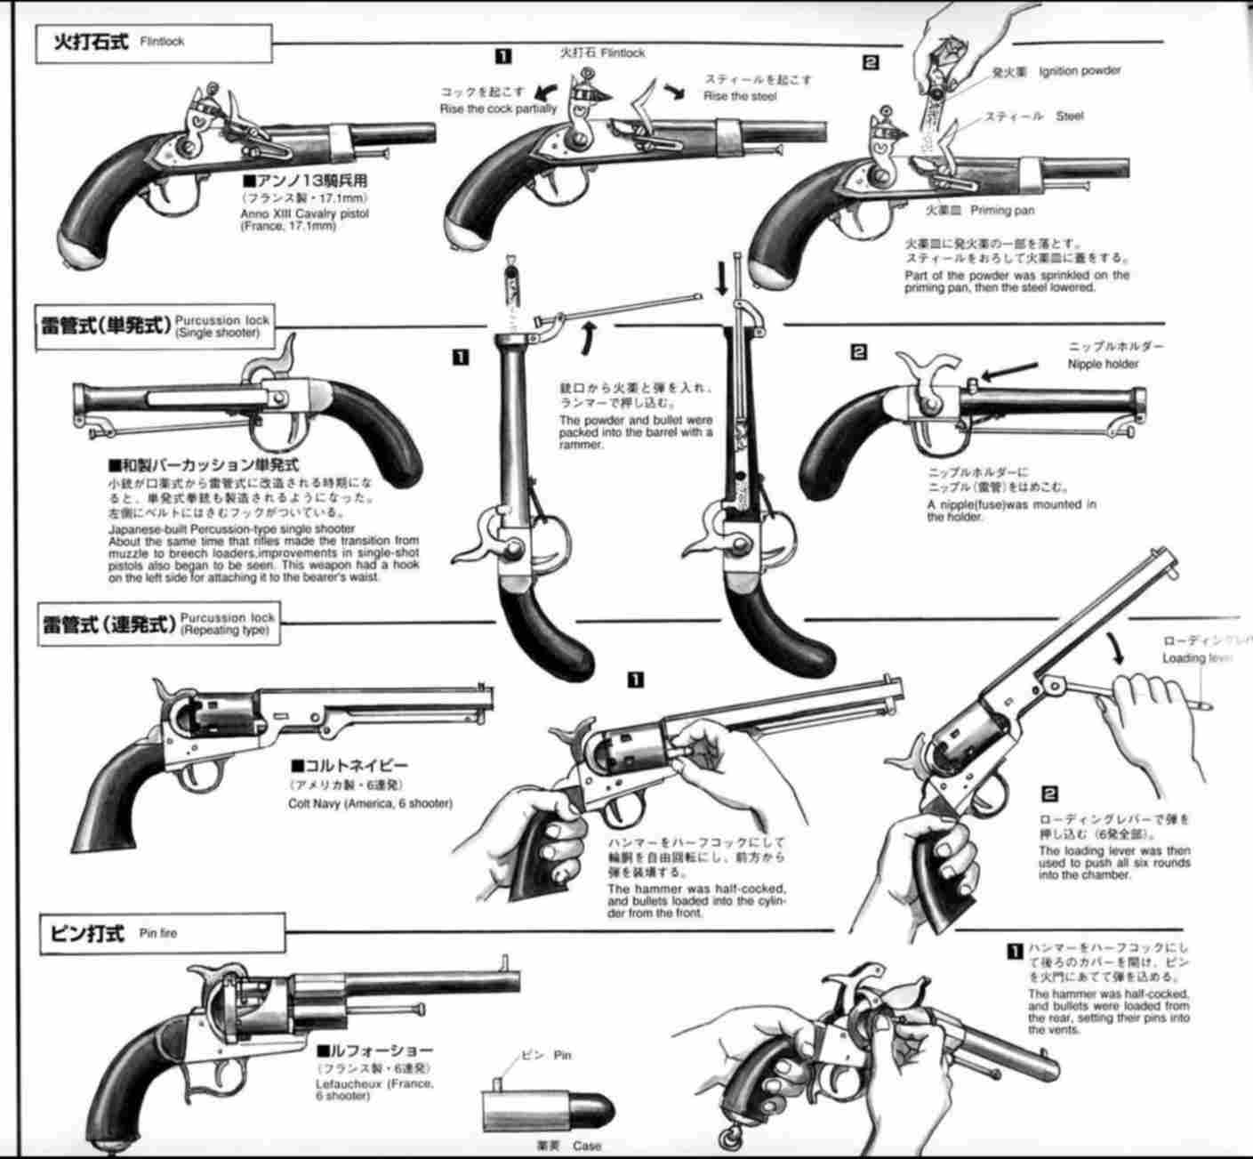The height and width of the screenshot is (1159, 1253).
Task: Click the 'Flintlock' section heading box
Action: (x=152, y=43)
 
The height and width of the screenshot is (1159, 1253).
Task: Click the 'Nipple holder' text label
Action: (x=1104, y=364)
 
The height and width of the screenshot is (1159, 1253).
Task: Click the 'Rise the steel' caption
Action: (x=739, y=96)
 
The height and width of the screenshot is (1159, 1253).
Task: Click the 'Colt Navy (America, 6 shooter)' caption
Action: (x=370, y=803)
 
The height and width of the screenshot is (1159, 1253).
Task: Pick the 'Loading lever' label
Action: (x=1196, y=658)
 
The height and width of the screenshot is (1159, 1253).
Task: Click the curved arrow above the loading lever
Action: (x=1115, y=648)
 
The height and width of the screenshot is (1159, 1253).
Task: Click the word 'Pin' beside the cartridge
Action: (x=562, y=1055)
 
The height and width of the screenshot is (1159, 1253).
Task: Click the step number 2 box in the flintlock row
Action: (x=871, y=62)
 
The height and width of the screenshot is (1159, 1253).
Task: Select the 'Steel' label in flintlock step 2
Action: (x=1070, y=117)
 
